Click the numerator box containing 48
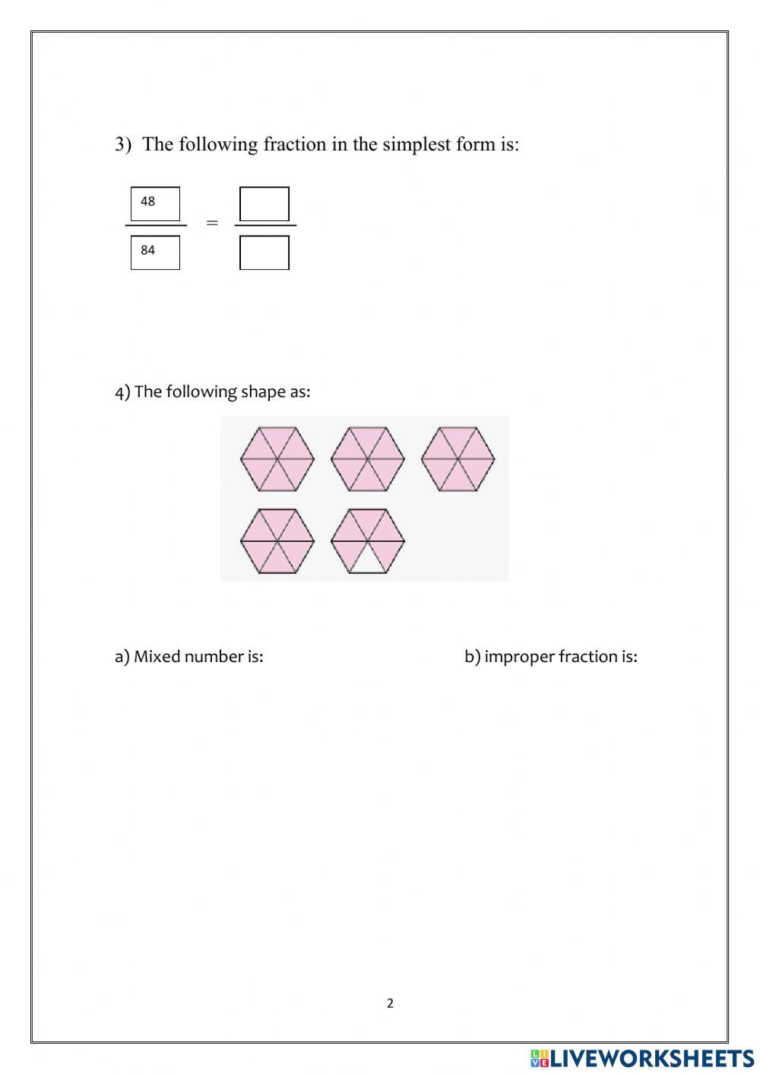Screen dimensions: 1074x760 pos(155,204)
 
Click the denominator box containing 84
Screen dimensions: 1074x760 pos(155,252)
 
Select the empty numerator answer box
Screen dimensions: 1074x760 pos(264,204)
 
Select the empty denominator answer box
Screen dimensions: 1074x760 pos(264,252)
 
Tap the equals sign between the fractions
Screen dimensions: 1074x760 pos(212,223)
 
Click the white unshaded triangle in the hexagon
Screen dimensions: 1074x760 pos(368,562)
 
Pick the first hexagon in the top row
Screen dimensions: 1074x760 pos(277,459)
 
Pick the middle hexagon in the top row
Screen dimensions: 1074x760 pos(368,459)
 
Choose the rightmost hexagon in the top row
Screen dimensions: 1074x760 pos(458,459)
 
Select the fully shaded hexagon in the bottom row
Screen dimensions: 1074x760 pos(277,541)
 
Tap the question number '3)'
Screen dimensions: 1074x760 pos(123,144)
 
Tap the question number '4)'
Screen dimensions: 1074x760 pos(122,392)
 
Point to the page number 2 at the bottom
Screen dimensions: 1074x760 pos(391,1003)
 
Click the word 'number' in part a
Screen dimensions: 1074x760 pos(214,657)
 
